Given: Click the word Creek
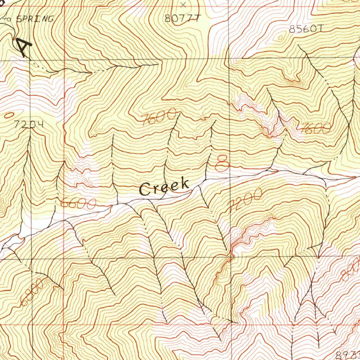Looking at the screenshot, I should (x=164, y=187).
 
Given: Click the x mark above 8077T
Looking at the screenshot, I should (x=183, y=5).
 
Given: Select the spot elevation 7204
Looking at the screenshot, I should (x=30, y=124).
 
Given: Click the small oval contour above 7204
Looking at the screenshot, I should (x=9, y=115).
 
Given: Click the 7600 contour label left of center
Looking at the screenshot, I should (x=160, y=117).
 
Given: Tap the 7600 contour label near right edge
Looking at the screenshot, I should (x=315, y=128).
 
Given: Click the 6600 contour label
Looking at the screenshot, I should (x=78, y=204).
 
